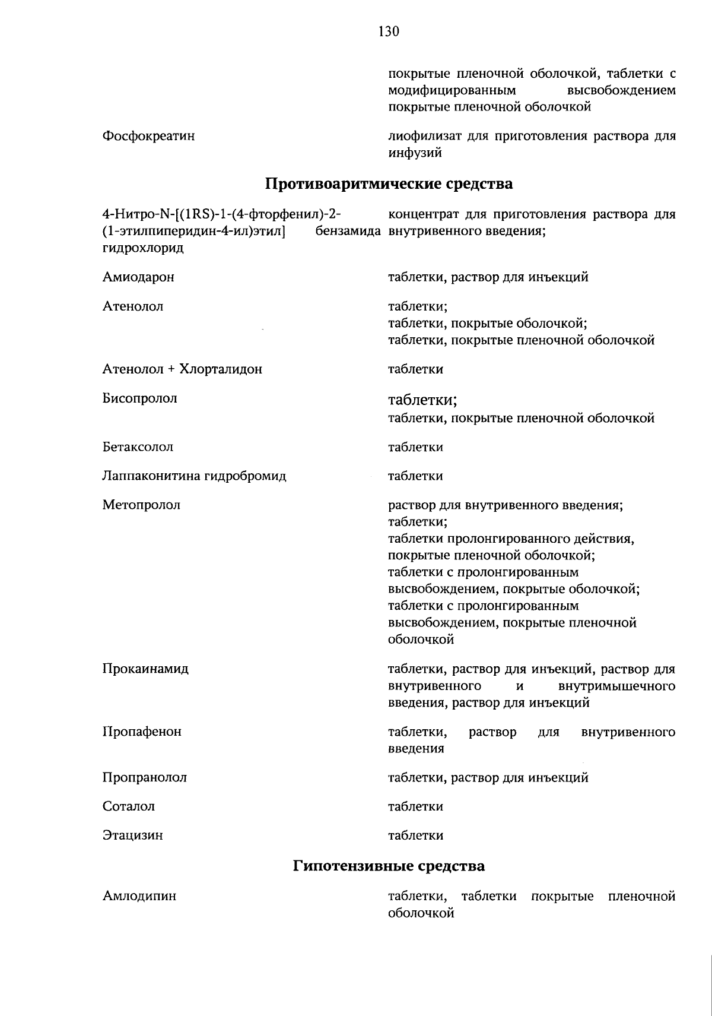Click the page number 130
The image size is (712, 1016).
[x=389, y=31]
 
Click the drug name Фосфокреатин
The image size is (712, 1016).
[x=148, y=137]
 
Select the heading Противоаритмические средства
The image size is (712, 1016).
[x=389, y=184]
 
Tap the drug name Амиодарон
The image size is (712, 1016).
[x=138, y=277]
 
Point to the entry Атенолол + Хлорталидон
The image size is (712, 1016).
[x=182, y=370]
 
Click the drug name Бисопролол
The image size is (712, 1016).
[x=139, y=399]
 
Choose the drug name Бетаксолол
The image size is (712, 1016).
[x=138, y=447]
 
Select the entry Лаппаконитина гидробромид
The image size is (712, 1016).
[x=194, y=476]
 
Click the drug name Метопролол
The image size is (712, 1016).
[x=141, y=505]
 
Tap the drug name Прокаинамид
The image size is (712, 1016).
[x=145, y=669]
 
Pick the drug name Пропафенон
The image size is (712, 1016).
[x=142, y=732]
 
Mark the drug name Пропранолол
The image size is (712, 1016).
[x=144, y=778]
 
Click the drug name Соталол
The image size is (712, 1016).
[x=129, y=807]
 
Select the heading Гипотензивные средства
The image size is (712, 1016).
[x=389, y=866]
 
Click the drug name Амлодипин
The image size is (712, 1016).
[x=139, y=896]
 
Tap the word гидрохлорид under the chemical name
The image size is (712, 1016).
[x=143, y=248]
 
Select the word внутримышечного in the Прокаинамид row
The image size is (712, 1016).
[x=616, y=686]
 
